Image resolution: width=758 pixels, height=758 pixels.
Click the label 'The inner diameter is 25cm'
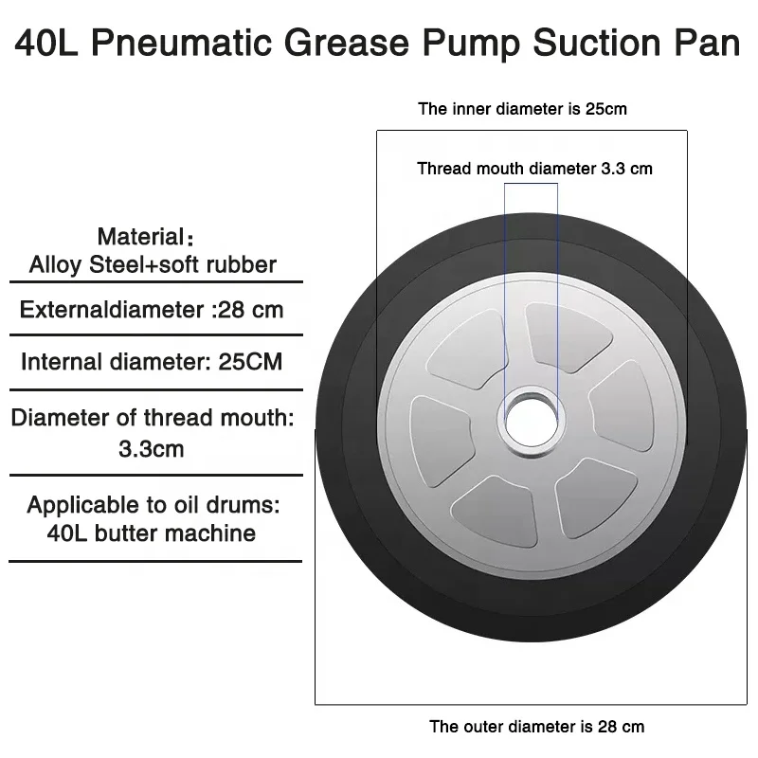(x=522, y=109)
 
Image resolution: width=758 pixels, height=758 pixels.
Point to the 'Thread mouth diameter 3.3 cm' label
(x=534, y=169)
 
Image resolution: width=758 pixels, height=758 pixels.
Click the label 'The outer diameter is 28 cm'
(x=536, y=728)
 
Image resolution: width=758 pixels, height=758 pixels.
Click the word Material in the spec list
(x=139, y=236)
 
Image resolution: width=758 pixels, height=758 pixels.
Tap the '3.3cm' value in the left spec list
(x=152, y=448)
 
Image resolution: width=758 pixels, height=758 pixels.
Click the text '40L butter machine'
(x=152, y=532)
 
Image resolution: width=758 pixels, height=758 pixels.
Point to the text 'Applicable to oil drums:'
(x=153, y=504)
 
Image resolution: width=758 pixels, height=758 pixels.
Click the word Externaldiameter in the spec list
(x=114, y=310)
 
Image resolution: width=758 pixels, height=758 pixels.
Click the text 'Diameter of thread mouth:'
(x=153, y=417)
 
